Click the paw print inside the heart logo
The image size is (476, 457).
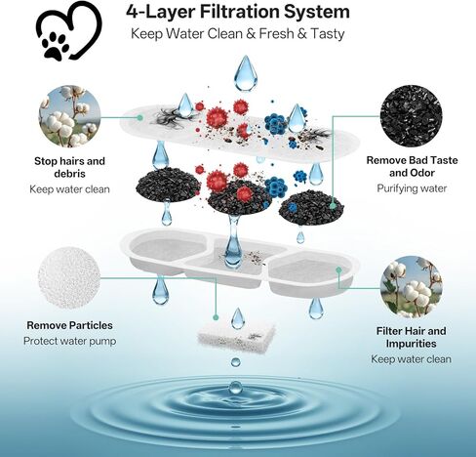55,45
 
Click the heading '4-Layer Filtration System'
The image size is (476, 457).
238,12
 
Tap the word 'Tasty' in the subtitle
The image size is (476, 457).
328,33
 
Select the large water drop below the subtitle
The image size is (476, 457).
246,73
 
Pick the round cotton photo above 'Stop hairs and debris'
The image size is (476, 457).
69,116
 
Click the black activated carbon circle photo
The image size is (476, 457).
412,116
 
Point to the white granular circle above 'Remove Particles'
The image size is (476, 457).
69,278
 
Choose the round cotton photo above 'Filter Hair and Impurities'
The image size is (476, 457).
412,287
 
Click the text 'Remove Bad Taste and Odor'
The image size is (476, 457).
412,166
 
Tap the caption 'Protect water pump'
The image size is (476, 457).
69,341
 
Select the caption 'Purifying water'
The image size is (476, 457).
412,188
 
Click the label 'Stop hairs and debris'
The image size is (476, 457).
69,167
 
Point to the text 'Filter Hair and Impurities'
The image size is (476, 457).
412,337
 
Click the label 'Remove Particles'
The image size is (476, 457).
69,325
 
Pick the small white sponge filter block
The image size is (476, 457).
236,334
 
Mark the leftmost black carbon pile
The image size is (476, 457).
168,185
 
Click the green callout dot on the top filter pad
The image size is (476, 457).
139,117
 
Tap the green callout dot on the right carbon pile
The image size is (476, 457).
333,206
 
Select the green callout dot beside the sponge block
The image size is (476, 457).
216,317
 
